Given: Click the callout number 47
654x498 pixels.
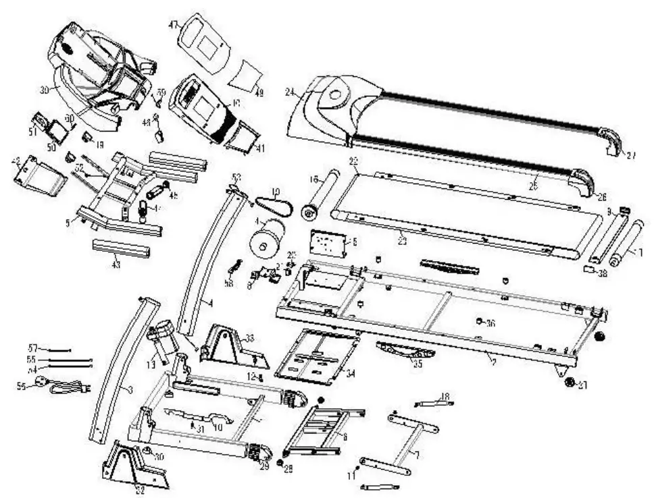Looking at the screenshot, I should tap(173, 25).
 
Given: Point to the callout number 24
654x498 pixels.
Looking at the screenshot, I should tap(291, 93).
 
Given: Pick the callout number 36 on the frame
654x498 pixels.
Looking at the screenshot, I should tap(490, 323).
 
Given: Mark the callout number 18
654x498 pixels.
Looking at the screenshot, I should tap(445, 396).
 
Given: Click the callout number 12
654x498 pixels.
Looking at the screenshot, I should tap(250, 376).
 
